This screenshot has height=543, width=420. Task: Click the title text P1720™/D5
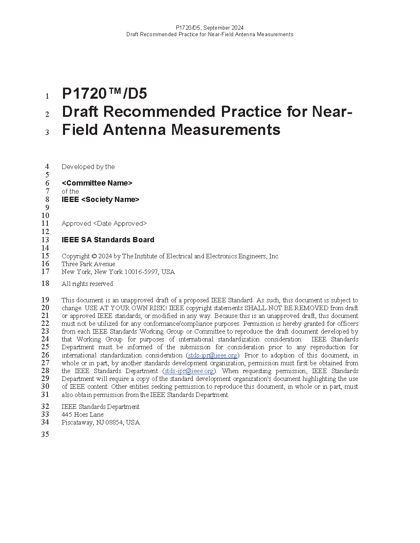(x=104, y=94)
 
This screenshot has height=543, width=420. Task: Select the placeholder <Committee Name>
(x=97, y=183)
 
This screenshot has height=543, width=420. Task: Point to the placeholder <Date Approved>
(x=120, y=223)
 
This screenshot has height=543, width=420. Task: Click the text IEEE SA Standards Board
(x=108, y=240)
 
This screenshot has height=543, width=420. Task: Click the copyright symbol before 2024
(x=94, y=256)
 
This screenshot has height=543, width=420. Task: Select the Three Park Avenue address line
(x=88, y=264)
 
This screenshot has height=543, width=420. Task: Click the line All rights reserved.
(x=88, y=284)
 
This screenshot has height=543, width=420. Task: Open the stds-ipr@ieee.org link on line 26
(x=212, y=355)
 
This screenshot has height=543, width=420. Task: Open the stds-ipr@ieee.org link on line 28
(x=189, y=371)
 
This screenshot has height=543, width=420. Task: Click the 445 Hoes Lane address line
(x=82, y=415)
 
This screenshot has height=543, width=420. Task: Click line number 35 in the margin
(x=45, y=434)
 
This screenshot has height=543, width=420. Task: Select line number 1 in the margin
(x=47, y=96)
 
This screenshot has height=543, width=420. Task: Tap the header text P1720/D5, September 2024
(x=210, y=28)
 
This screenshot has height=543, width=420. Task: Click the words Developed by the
(x=88, y=167)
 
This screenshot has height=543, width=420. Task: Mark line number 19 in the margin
(x=45, y=300)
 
